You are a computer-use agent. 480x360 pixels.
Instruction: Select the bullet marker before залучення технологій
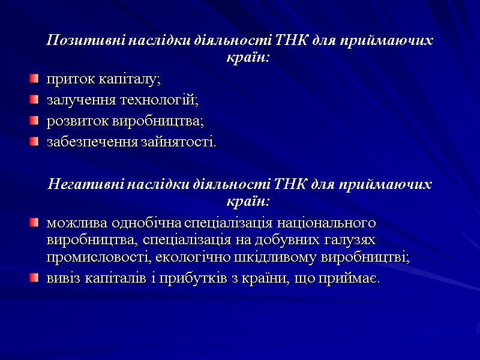[35, 100]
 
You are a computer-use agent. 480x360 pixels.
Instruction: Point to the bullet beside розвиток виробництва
[35, 122]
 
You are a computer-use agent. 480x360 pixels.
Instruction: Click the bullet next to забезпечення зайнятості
[35, 143]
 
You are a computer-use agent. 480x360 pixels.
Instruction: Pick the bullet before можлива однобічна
[35, 224]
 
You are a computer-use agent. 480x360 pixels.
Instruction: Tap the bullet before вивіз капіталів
[35, 279]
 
